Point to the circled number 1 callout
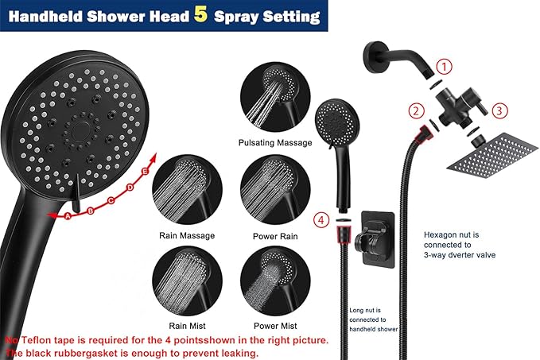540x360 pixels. pyautogui.click(x=445, y=67)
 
